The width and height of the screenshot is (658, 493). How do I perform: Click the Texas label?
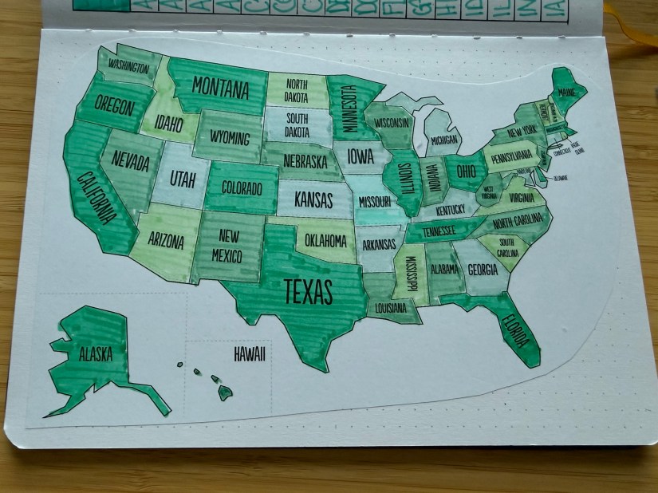point(307,292)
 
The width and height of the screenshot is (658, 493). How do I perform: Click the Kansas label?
point(313,196)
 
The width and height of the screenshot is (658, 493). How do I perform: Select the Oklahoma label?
point(325,239)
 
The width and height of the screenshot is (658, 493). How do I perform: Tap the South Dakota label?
point(297,125)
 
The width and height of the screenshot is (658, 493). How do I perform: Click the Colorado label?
point(242,189)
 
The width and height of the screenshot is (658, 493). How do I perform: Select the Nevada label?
point(131,162)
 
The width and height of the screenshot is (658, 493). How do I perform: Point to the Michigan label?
point(444,140)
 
